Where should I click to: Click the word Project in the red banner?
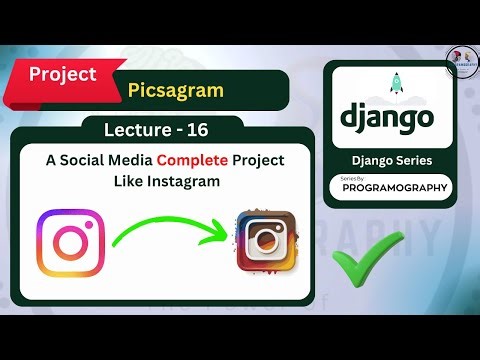coord(62,74)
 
